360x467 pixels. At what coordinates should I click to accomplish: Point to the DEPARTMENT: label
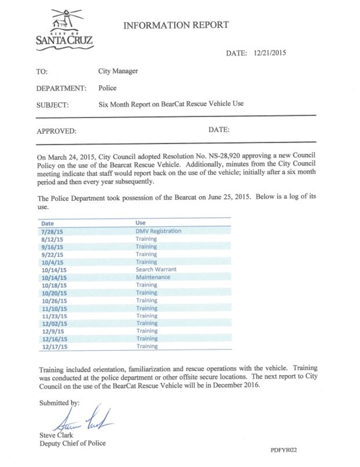tap(61, 89)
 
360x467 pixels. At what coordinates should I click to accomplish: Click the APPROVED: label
tap(56, 131)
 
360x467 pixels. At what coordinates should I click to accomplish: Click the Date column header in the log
tap(49, 222)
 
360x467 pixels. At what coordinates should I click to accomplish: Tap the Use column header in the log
tap(139, 222)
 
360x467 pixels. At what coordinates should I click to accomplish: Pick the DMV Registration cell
tap(158, 231)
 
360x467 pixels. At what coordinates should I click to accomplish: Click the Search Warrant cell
tap(156, 270)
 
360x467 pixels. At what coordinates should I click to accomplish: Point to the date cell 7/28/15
tap(53, 231)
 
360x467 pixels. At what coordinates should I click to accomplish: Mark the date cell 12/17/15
tap(54, 346)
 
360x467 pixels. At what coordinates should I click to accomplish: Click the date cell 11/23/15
tap(54, 315)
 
